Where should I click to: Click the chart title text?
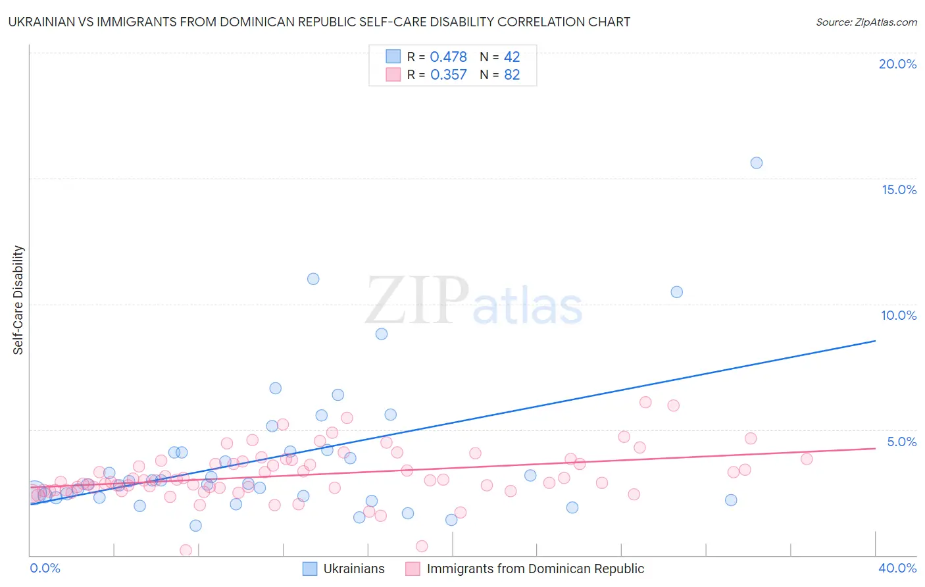tap(319, 22)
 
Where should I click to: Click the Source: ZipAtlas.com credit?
tap(866, 22)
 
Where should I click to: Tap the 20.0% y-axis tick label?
tap(897, 64)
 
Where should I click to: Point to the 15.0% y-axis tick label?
tap(899, 190)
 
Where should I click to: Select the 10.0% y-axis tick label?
tap(899, 315)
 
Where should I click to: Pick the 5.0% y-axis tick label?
tap(901, 442)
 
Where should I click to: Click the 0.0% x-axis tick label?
tap(45, 568)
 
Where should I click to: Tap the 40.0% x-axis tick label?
tap(897, 568)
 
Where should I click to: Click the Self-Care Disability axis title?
tap(18, 300)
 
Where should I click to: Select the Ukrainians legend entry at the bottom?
tap(344, 569)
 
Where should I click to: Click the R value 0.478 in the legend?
tap(448, 57)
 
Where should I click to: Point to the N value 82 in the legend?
tap(512, 75)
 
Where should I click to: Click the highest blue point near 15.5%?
tap(757, 163)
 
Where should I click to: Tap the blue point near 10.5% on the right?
tap(676, 292)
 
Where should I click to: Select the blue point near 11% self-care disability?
tap(313, 278)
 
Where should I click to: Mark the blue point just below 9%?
tap(382, 334)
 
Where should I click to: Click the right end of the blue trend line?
tap(875, 341)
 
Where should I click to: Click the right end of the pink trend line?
tap(875, 448)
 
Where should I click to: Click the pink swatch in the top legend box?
tap(393, 74)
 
